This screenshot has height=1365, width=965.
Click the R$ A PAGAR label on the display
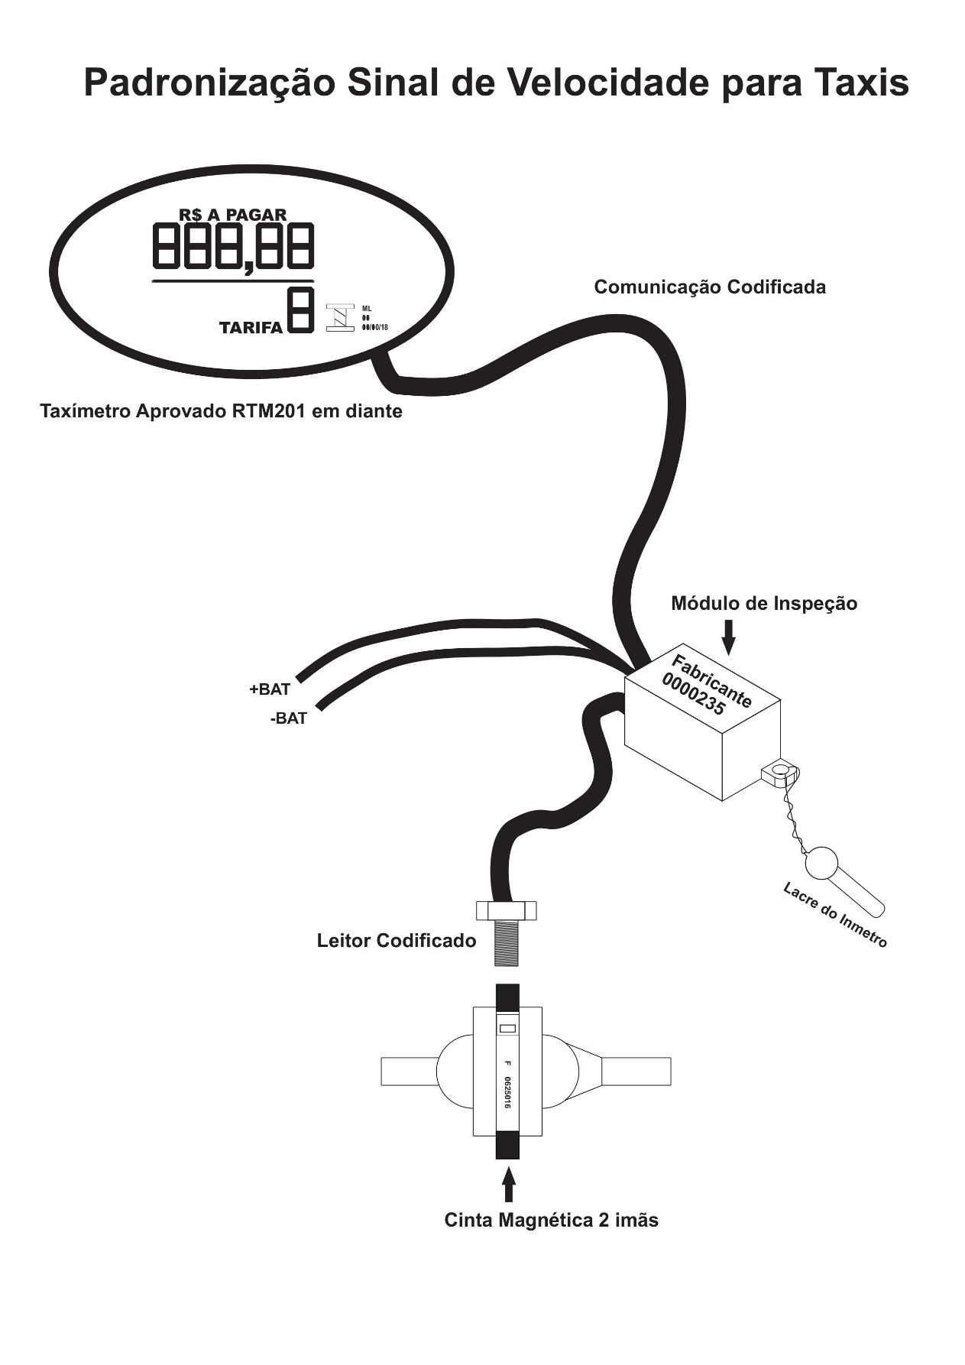(233, 215)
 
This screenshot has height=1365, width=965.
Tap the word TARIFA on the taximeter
(251, 328)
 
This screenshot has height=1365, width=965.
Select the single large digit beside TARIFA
(300, 310)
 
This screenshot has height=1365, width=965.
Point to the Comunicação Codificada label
(710, 287)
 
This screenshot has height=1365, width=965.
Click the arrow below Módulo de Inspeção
(728, 637)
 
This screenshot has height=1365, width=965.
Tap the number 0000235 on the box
(694, 695)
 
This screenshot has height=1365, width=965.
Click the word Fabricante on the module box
(711, 681)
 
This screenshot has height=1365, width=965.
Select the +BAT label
(270, 689)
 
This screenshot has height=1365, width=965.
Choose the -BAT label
(288, 718)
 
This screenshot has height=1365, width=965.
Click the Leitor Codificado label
(397, 941)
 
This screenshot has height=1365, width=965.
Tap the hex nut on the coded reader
(507, 910)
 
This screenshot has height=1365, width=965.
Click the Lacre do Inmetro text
(835, 916)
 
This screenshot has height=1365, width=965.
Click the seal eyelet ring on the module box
(780, 769)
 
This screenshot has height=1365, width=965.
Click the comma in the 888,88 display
(249, 267)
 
